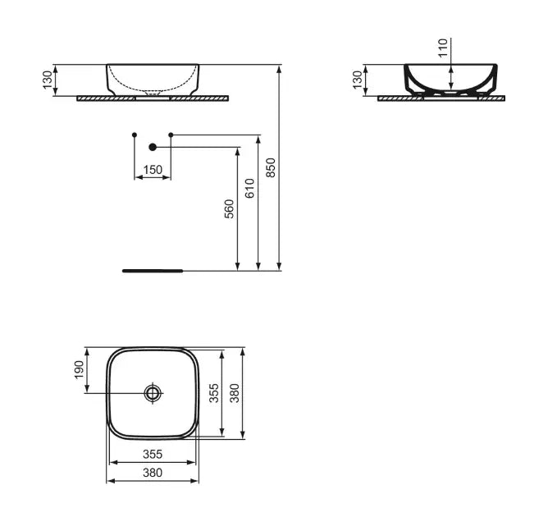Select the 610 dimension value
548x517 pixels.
[250, 188]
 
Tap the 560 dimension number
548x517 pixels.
[230, 208]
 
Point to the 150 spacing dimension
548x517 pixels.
[153, 170]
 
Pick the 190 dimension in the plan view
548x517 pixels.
[80, 369]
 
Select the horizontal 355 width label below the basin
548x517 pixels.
[153, 454]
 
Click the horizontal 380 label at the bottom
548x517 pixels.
[153, 473]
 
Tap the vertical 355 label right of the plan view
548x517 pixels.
[213, 394]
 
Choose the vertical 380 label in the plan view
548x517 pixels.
[235, 394]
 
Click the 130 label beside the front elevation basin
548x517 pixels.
[48, 80]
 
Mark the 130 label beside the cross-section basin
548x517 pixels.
[357, 80]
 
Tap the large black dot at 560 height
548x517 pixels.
[152, 147]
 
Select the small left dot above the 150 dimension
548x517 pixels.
[134, 134]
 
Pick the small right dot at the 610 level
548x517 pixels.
[171, 134]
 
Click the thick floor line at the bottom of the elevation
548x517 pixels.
[153, 269]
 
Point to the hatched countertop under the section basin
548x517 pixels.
[441, 98]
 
